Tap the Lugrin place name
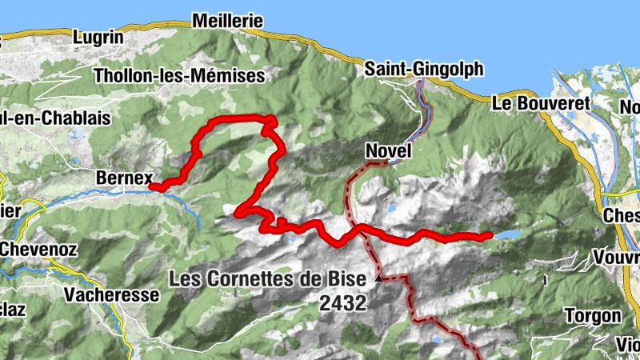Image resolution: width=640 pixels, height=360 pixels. (x=98, y=37)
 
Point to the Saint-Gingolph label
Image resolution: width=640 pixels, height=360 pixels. (x=424, y=70)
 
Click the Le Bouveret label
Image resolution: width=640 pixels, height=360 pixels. (x=540, y=103)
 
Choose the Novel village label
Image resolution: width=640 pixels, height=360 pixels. (x=388, y=150)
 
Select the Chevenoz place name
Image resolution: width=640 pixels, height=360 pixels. (x=38, y=250)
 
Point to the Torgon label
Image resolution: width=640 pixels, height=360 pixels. (x=593, y=315)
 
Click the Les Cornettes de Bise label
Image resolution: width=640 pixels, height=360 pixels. (x=268, y=280)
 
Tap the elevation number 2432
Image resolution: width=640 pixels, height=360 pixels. (x=342, y=303)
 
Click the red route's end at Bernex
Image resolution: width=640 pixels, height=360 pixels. (x=153, y=188)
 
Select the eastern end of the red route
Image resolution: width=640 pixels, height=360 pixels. (x=488, y=235)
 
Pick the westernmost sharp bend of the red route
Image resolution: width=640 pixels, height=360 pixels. (x=238, y=212)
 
